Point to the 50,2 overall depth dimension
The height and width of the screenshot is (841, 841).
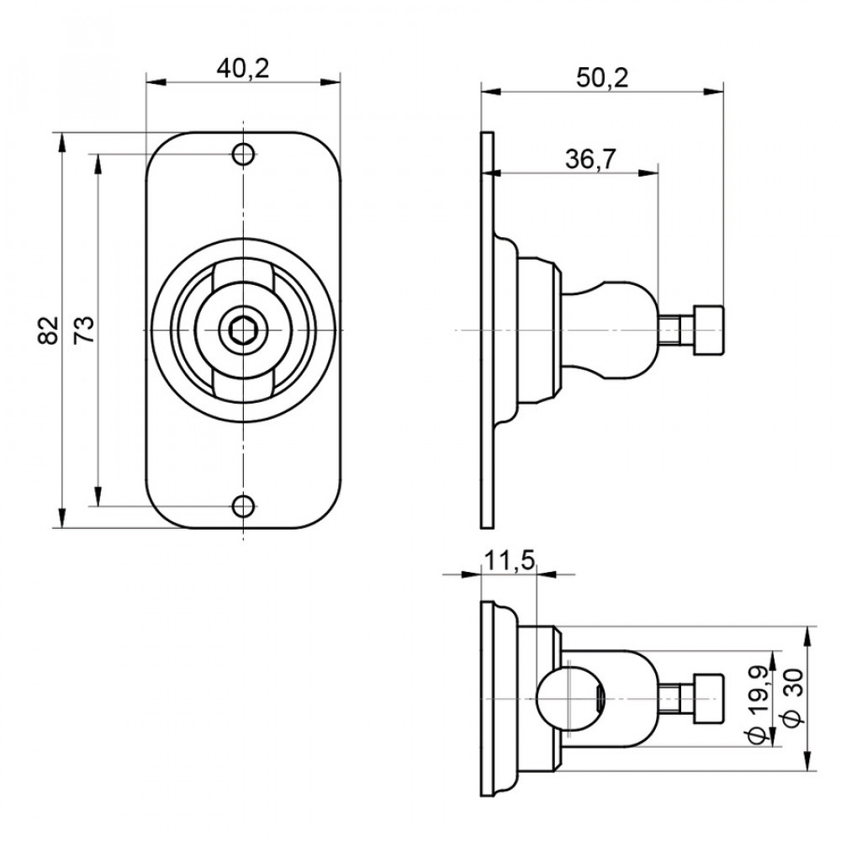tap(602, 77)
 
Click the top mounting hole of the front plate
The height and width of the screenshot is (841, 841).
tap(243, 154)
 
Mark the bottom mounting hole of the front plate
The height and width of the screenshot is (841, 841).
tap(243, 505)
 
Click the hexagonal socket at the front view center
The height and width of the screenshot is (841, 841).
tap(243, 330)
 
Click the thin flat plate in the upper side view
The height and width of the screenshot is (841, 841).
tap(487, 330)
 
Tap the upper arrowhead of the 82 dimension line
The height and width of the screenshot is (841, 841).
tap(63, 141)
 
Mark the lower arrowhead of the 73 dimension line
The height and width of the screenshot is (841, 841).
tap(98, 497)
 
